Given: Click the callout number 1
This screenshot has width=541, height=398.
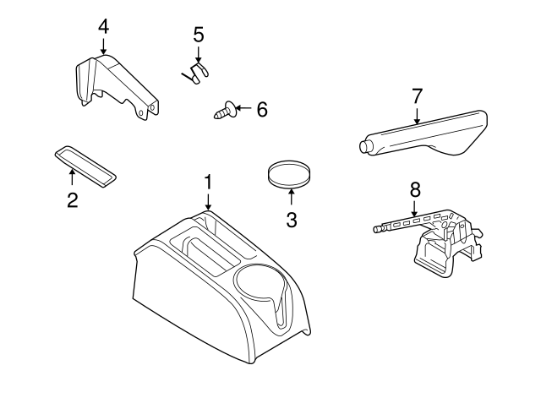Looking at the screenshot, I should pyautogui.click(x=208, y=183).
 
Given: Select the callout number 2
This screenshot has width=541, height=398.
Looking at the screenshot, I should pyautogui.click(x=72, y=200).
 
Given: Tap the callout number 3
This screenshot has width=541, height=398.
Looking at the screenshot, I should pyautogui.click(x=292, y=221).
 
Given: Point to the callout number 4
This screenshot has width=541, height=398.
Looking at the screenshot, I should pyautogui.click(x=103, y=26).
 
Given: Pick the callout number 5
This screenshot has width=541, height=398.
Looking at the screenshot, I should pyautogui.click(x=199, y=35).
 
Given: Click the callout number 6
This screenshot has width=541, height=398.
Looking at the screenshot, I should pyautogui.click(x=261, y=109).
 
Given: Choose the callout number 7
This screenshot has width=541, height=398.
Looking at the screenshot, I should pyautogui.click(x=417, y=95).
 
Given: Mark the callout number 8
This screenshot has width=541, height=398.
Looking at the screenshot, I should pyautogui.click(x=414, y=189).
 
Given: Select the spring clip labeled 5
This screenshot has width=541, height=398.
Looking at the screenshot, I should pyautogui.click(x=196, y=73).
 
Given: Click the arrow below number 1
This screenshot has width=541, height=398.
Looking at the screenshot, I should pyautogui.click(x=208, y=202).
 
